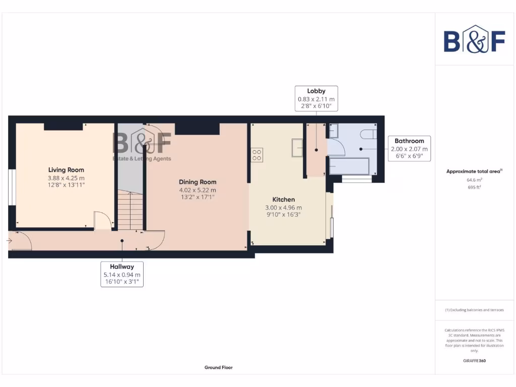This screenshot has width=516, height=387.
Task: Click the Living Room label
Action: (x=66, y=170)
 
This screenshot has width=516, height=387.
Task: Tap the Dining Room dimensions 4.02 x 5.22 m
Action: (x=198, y=190)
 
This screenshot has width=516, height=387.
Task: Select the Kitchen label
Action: (x=283, y=200)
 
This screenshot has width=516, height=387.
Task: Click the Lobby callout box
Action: (x=316, y=98)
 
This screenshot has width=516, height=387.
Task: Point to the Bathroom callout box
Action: (x=409, y=149)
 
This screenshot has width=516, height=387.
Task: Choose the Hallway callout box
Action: (x=121, y=274)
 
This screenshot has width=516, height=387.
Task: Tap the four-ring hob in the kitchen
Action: (x=256, y=155)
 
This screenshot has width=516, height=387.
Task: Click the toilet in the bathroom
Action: (x=367, y=134)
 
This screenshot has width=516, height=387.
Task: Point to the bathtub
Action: (x=349, y=165)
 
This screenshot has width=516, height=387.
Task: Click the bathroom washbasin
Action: (x=334, y=131)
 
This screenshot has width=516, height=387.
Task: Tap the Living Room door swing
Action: (x=102, y=220)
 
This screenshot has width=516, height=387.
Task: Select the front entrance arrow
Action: (x=9, y=241)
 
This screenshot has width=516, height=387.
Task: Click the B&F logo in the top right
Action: (x=474, y=39)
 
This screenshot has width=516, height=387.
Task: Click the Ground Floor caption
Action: (x=218, y=368)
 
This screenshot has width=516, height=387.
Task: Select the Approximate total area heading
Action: (x=474, y=171)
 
